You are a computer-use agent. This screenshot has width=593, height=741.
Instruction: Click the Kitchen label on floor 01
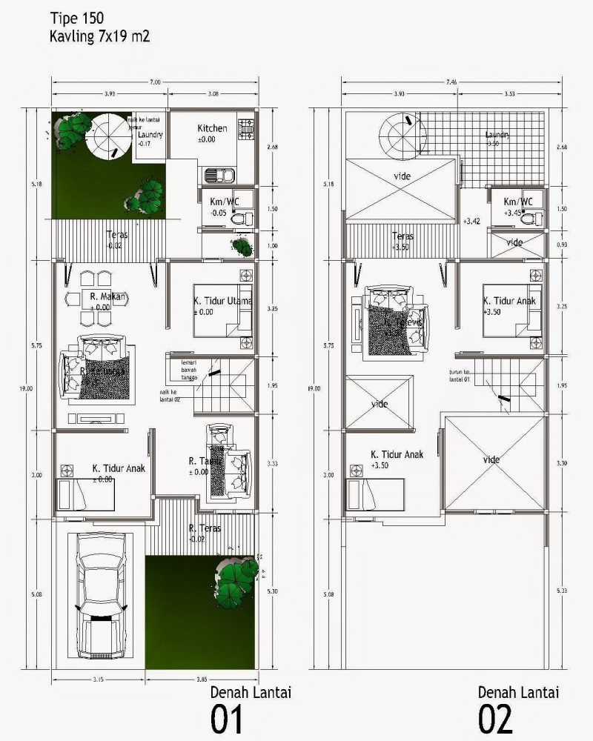coord(212,128)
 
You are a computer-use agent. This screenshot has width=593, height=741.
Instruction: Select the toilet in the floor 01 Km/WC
coord(242,219)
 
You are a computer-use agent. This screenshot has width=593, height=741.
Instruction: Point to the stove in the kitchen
coord(245,128)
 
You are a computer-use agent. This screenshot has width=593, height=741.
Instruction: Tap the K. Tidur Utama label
coord(223,302)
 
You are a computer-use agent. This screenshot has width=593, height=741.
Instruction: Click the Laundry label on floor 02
coord(497,135)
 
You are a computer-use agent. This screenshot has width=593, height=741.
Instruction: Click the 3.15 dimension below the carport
coord(97,679)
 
